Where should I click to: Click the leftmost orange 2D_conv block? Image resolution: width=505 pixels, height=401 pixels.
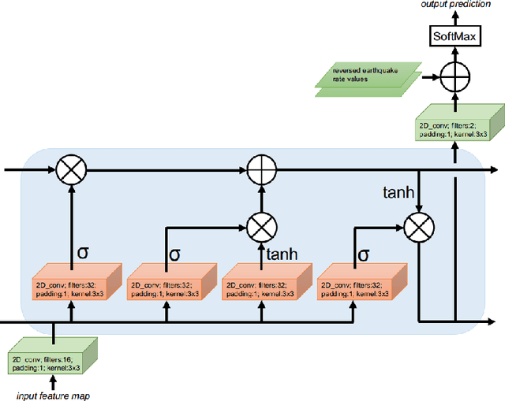click(x=72, y=284)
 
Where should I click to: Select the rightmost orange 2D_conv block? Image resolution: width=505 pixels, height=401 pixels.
click(x=353, y=284)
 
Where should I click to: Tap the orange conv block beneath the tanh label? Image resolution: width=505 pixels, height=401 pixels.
click(x=259, y=284)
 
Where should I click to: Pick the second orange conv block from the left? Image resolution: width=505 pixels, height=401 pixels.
click(x=165, y=284)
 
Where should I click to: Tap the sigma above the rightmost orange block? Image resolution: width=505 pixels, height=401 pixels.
click(x=364, y=254)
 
